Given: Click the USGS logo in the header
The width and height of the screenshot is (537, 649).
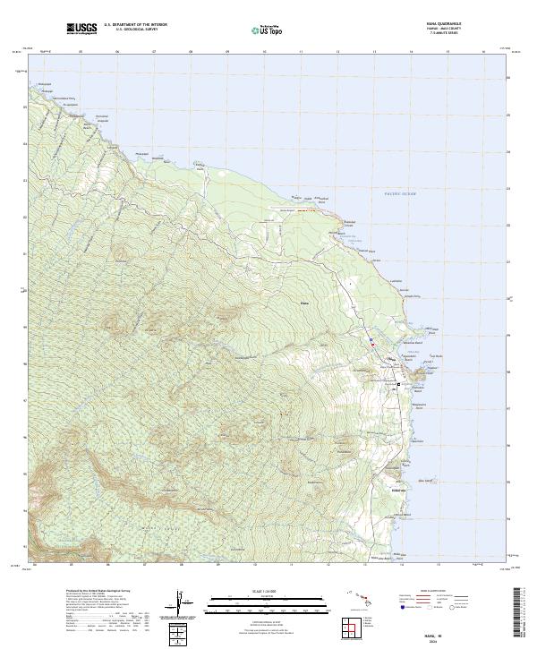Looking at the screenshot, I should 81,30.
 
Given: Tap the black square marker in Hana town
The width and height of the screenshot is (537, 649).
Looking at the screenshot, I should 398,384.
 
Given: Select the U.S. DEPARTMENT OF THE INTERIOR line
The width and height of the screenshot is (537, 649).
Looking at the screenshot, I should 135,24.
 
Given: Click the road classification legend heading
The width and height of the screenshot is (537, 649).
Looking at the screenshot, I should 422,592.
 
